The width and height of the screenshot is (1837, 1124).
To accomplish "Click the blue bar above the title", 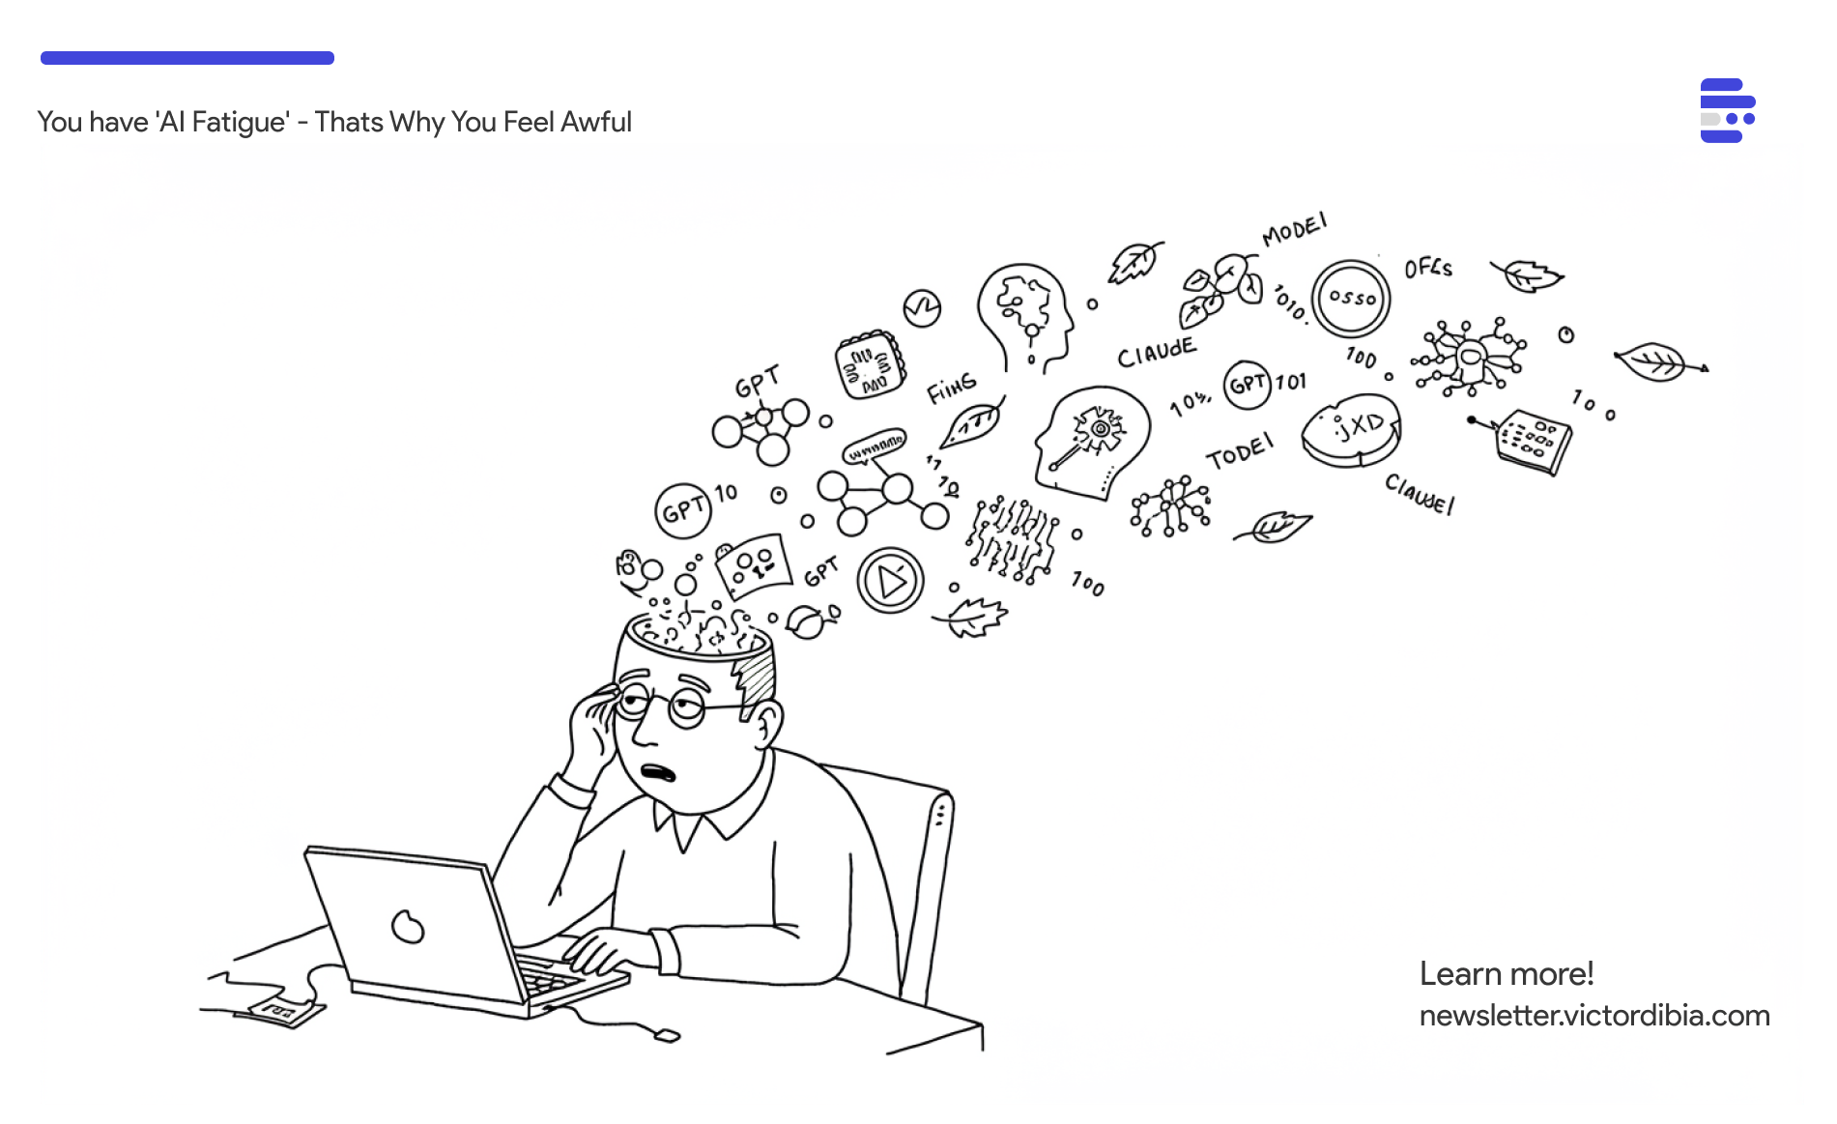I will point(187,58).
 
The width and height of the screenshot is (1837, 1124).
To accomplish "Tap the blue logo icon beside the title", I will point(1727,110).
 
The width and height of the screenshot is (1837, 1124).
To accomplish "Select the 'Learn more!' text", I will point(1506,973).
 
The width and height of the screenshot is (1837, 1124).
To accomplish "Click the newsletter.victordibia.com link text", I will point(1593,1016).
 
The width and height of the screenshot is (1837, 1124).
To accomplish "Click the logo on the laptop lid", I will point(408,926).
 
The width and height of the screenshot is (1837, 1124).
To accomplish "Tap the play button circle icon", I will point(890,581).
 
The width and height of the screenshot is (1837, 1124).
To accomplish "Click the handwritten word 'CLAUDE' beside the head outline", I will point(1157,353).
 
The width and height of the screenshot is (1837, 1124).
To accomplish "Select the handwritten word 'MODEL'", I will point(1294,230).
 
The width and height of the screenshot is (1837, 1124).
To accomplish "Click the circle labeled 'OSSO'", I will point(1351,299).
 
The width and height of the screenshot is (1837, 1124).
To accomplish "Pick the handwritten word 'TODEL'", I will point(1240,451).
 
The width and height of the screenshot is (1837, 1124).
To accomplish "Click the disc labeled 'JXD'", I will point(1351,430).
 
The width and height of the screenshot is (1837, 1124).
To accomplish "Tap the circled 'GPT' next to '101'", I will point(1248,385).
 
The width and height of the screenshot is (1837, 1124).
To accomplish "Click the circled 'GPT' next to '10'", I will point(683,509).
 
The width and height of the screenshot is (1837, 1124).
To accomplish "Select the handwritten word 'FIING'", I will point(952,389).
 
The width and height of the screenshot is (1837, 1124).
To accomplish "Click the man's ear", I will point(768,722).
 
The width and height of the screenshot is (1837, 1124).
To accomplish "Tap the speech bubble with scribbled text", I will point(875,447).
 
